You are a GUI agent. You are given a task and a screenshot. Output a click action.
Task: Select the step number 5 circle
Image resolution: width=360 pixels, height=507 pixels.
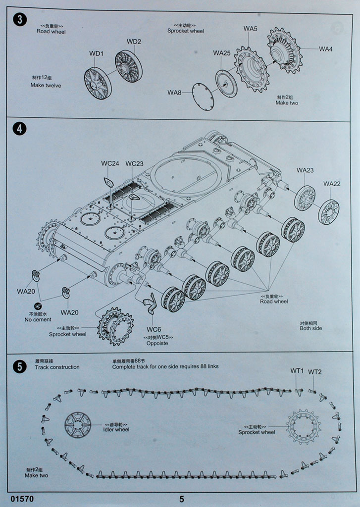tap(19, 366)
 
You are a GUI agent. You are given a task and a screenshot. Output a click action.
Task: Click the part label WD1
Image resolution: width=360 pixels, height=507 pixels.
tap(96, 53)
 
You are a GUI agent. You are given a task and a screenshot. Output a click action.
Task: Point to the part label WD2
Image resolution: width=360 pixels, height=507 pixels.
tap(134, 42)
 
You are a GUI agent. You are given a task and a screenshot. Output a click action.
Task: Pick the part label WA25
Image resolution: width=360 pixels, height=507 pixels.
tap(222, 53)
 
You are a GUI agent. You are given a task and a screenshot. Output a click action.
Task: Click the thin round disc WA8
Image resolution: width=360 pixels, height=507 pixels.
tap(203, 97)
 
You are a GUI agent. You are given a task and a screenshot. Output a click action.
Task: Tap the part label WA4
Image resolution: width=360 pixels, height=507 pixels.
tap(325, 49)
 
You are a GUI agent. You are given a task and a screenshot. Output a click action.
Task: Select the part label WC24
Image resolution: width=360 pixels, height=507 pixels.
tap(110, 163)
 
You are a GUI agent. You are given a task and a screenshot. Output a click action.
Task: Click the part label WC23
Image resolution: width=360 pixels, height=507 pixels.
tap(134, 163)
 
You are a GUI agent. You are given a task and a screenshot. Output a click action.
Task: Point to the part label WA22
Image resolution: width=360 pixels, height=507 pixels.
tap(332, 184)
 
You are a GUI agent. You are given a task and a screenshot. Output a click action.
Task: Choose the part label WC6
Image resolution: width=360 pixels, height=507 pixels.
tap(154, 329)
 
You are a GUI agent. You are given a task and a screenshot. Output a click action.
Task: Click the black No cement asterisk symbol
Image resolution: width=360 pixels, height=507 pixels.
tap(38, 305)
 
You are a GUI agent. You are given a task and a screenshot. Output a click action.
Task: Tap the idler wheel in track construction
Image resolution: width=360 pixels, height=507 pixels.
tap(78, 425)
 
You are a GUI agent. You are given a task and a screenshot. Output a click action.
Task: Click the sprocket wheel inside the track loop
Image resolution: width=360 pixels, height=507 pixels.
tap(303, 426)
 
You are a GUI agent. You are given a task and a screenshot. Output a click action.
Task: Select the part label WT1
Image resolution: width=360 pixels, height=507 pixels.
tap(297, 371)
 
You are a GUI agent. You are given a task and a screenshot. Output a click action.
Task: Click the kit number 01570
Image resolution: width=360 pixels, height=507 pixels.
tap(21, 499)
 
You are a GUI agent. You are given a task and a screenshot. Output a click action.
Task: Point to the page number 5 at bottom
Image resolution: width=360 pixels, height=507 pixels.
tap(182, 499)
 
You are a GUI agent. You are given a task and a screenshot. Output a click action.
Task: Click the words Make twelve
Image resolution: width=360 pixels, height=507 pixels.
tap(46, 85)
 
